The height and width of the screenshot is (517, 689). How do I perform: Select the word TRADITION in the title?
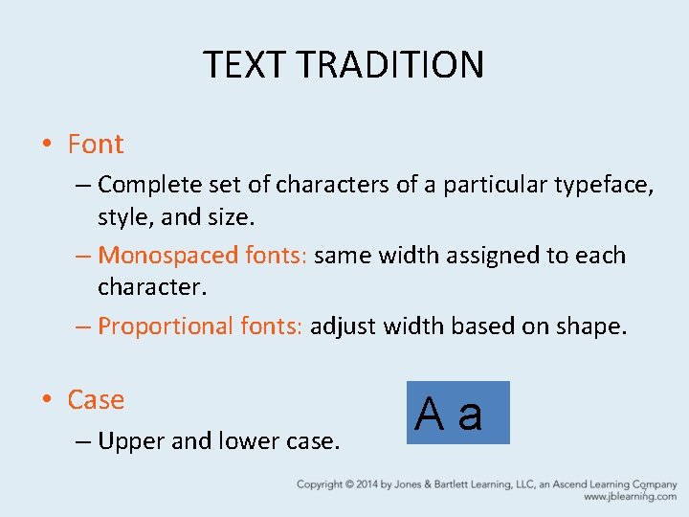390,65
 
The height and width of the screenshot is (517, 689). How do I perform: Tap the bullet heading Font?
96,145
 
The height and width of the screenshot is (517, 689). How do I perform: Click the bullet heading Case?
96,400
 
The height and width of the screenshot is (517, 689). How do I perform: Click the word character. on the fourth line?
152,287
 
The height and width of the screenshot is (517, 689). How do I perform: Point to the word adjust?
344,326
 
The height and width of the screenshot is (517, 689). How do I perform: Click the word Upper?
132,442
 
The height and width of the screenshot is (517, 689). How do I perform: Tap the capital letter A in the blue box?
430,415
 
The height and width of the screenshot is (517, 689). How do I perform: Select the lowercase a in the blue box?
470,415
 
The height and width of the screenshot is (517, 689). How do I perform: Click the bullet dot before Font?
46,146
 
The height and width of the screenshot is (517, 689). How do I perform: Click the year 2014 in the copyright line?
366,485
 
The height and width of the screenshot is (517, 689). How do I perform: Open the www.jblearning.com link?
630,498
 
